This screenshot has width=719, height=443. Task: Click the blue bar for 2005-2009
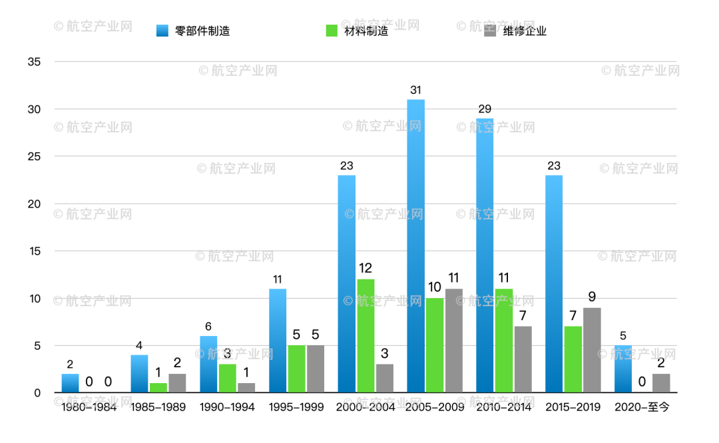[x=416, y=246]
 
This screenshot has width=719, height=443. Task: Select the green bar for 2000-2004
[x=365, y=336]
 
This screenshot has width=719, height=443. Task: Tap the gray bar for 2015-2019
[x=592, y=350]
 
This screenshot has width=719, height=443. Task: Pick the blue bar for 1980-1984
[x=70, y=383]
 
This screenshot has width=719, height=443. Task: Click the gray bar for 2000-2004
[x=385, y=378]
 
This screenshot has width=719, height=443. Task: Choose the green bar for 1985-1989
[x=158, y=388]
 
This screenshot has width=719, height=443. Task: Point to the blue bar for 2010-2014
[x=485, y=255]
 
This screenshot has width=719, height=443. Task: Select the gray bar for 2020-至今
[x=661, y=383]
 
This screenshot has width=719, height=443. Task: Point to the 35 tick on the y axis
[x=34, y=62]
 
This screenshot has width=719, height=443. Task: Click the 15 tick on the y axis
[x=34, y=251]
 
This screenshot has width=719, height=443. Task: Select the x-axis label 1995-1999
[x=296, y=407]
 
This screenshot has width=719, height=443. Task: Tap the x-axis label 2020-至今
[x=641, y=407]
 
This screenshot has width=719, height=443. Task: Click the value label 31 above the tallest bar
[x=416, y=90]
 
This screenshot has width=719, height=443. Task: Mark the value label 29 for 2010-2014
[x=485, y=108]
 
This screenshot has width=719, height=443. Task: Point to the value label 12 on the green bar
[x=365, y=269]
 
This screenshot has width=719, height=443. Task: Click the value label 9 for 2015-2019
[x=592, y=297]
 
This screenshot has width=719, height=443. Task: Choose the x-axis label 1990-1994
[x=227, y=407]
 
